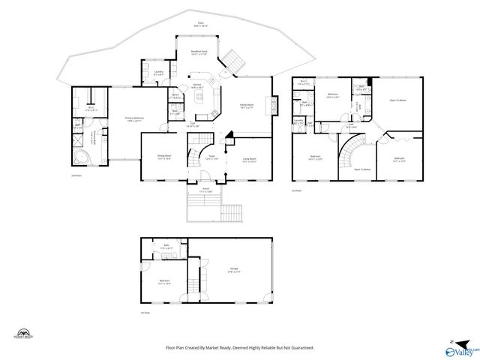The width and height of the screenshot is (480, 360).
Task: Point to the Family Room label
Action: click(x=247, y=106)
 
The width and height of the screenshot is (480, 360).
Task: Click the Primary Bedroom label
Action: click(x=133, y=118)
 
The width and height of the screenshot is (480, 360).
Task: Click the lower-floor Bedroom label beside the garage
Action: click(x=163, y=283)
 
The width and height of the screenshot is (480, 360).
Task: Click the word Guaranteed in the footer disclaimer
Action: click(x=298, y=348)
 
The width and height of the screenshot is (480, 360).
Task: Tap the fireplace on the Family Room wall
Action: click(x=274, y=104)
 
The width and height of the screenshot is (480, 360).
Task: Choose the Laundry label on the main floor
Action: click(x=158, y=73)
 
